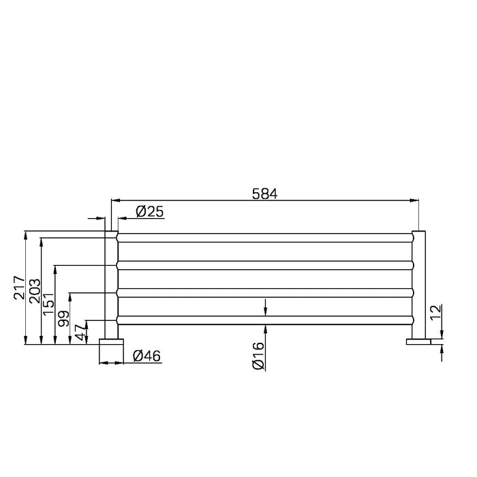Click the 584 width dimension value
264,193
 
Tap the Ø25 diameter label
149,212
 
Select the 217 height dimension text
19,288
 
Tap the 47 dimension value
80,333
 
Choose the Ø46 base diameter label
147,356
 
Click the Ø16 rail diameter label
258,356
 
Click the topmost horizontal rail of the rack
266,237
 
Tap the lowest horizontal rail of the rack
266,320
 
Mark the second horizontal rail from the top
266,265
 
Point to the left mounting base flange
110,341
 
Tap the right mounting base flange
419,341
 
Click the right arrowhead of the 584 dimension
415,200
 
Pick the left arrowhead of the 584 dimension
116,200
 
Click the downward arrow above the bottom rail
266,311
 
